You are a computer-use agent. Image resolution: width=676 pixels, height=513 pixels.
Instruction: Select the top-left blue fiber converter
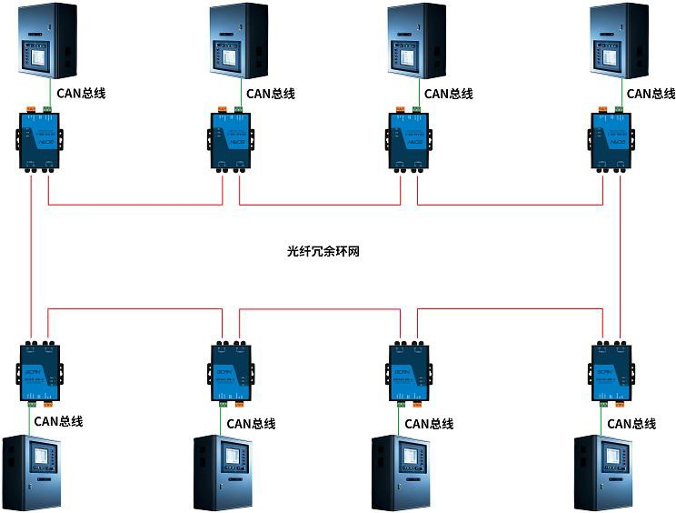tap(38, 139)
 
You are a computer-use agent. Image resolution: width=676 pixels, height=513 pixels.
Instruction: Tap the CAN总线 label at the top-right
tap(651, 93)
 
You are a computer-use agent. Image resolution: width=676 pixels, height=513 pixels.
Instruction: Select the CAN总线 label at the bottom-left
tap(58, 421)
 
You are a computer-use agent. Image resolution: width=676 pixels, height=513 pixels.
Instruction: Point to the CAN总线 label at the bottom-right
tap(631, 423)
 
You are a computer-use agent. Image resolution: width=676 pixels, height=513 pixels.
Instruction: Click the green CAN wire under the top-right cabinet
tap(622, 93)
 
